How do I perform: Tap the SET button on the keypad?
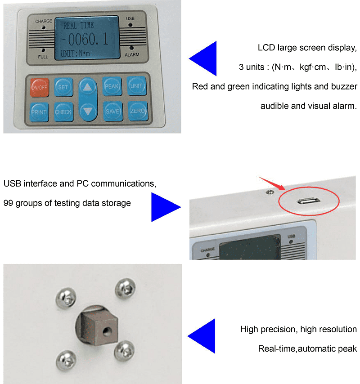pos(63,87)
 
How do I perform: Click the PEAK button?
pos(112,86)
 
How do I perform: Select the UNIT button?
pos(136,86)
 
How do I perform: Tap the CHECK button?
pos(63,112)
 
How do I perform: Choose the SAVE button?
pos(113,112)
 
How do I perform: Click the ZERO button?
pos(138,111)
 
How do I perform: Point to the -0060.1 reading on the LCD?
pos(85,39)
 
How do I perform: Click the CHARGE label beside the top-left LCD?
pos(44,21)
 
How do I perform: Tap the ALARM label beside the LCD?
pos(132,54)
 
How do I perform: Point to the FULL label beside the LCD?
pos(43,57)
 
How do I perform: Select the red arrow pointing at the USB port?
pos(272,183)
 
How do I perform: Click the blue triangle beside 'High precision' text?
pos(201,336)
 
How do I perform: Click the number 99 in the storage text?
pos(8,203)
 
